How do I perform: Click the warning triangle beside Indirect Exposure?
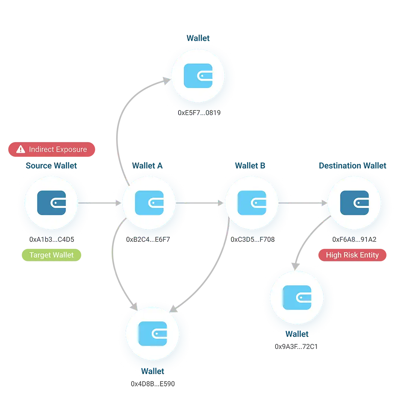pos(21,150)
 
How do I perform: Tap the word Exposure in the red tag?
pos(72,150)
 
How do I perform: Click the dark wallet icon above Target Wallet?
pos(52,203)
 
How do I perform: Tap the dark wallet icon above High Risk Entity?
pos(354,203)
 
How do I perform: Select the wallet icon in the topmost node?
pos(198,76)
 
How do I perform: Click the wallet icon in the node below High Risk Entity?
pos(297,297)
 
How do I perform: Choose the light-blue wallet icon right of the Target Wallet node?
pos(149,203)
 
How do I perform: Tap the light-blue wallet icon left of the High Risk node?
pos(252,203)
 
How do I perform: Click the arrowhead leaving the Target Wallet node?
pos(118,203)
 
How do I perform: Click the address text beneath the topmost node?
pos(200,113)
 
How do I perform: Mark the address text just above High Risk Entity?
pos(354,239)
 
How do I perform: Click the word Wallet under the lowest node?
pos(153,371)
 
